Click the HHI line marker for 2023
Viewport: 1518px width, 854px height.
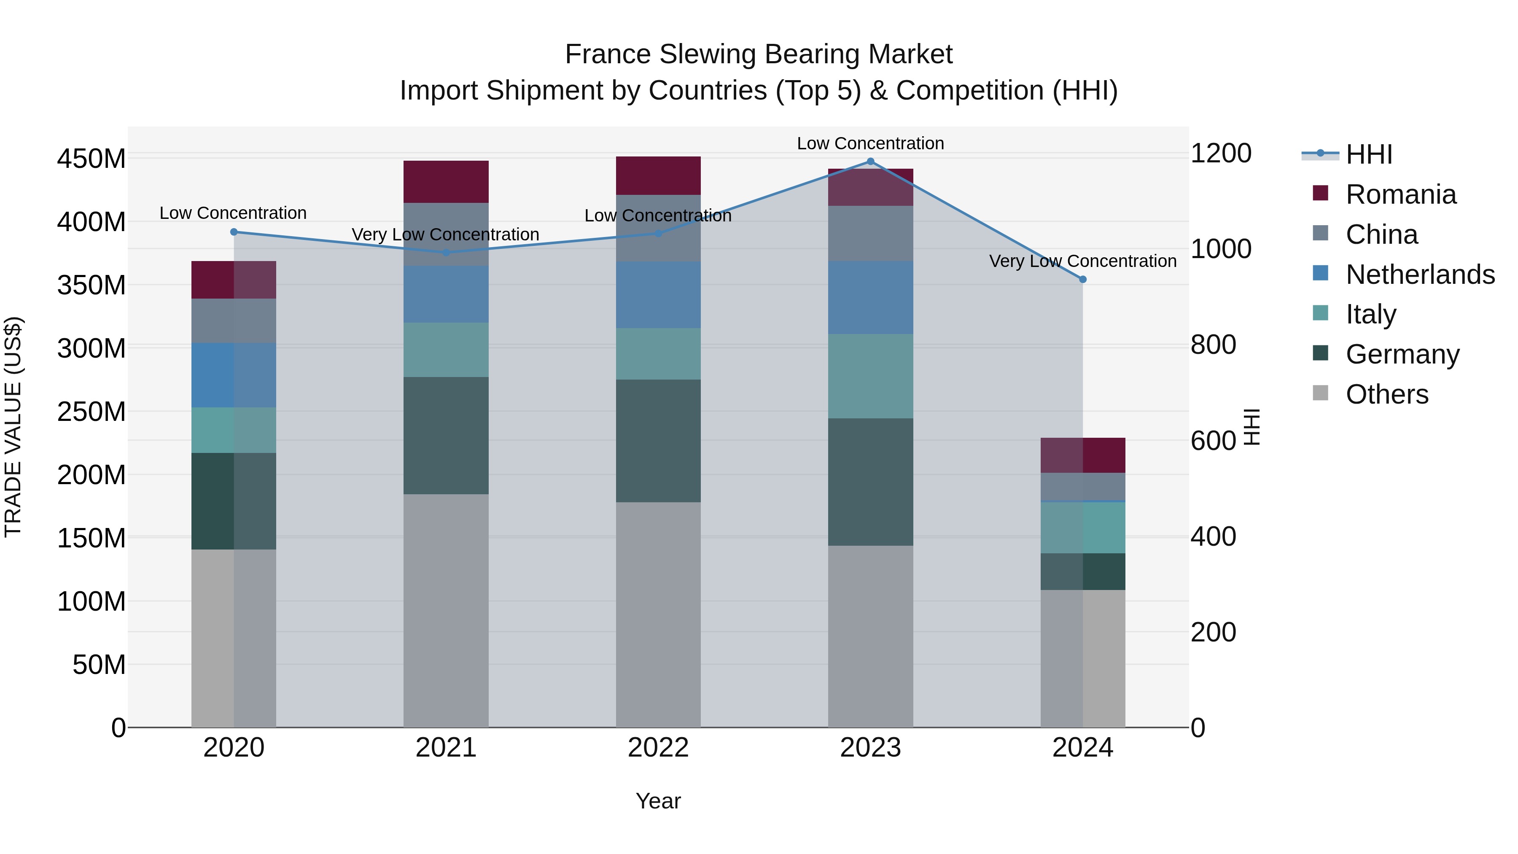(870, 162)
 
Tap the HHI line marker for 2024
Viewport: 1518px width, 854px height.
(1082, 279)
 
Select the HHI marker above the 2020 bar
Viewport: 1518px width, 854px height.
(234, 232)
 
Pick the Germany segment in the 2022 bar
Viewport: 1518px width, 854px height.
(658, 441)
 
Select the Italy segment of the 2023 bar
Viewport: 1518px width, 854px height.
(870, 377)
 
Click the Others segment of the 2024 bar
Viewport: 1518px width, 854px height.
(1082, 658)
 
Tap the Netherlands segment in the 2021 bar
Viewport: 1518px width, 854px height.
(446, 294)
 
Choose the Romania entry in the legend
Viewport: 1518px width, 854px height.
(1400, 194)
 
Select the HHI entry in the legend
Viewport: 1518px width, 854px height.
(1368, 154)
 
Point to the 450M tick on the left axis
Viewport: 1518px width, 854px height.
(92, 159)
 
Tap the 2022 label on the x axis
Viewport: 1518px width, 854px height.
(658, 748)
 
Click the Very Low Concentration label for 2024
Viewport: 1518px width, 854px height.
(1082, 261)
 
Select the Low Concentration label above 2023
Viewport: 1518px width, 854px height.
(870, 143)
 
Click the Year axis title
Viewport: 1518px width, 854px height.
(658, 801)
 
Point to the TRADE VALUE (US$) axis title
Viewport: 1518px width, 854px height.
(13, 427)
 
